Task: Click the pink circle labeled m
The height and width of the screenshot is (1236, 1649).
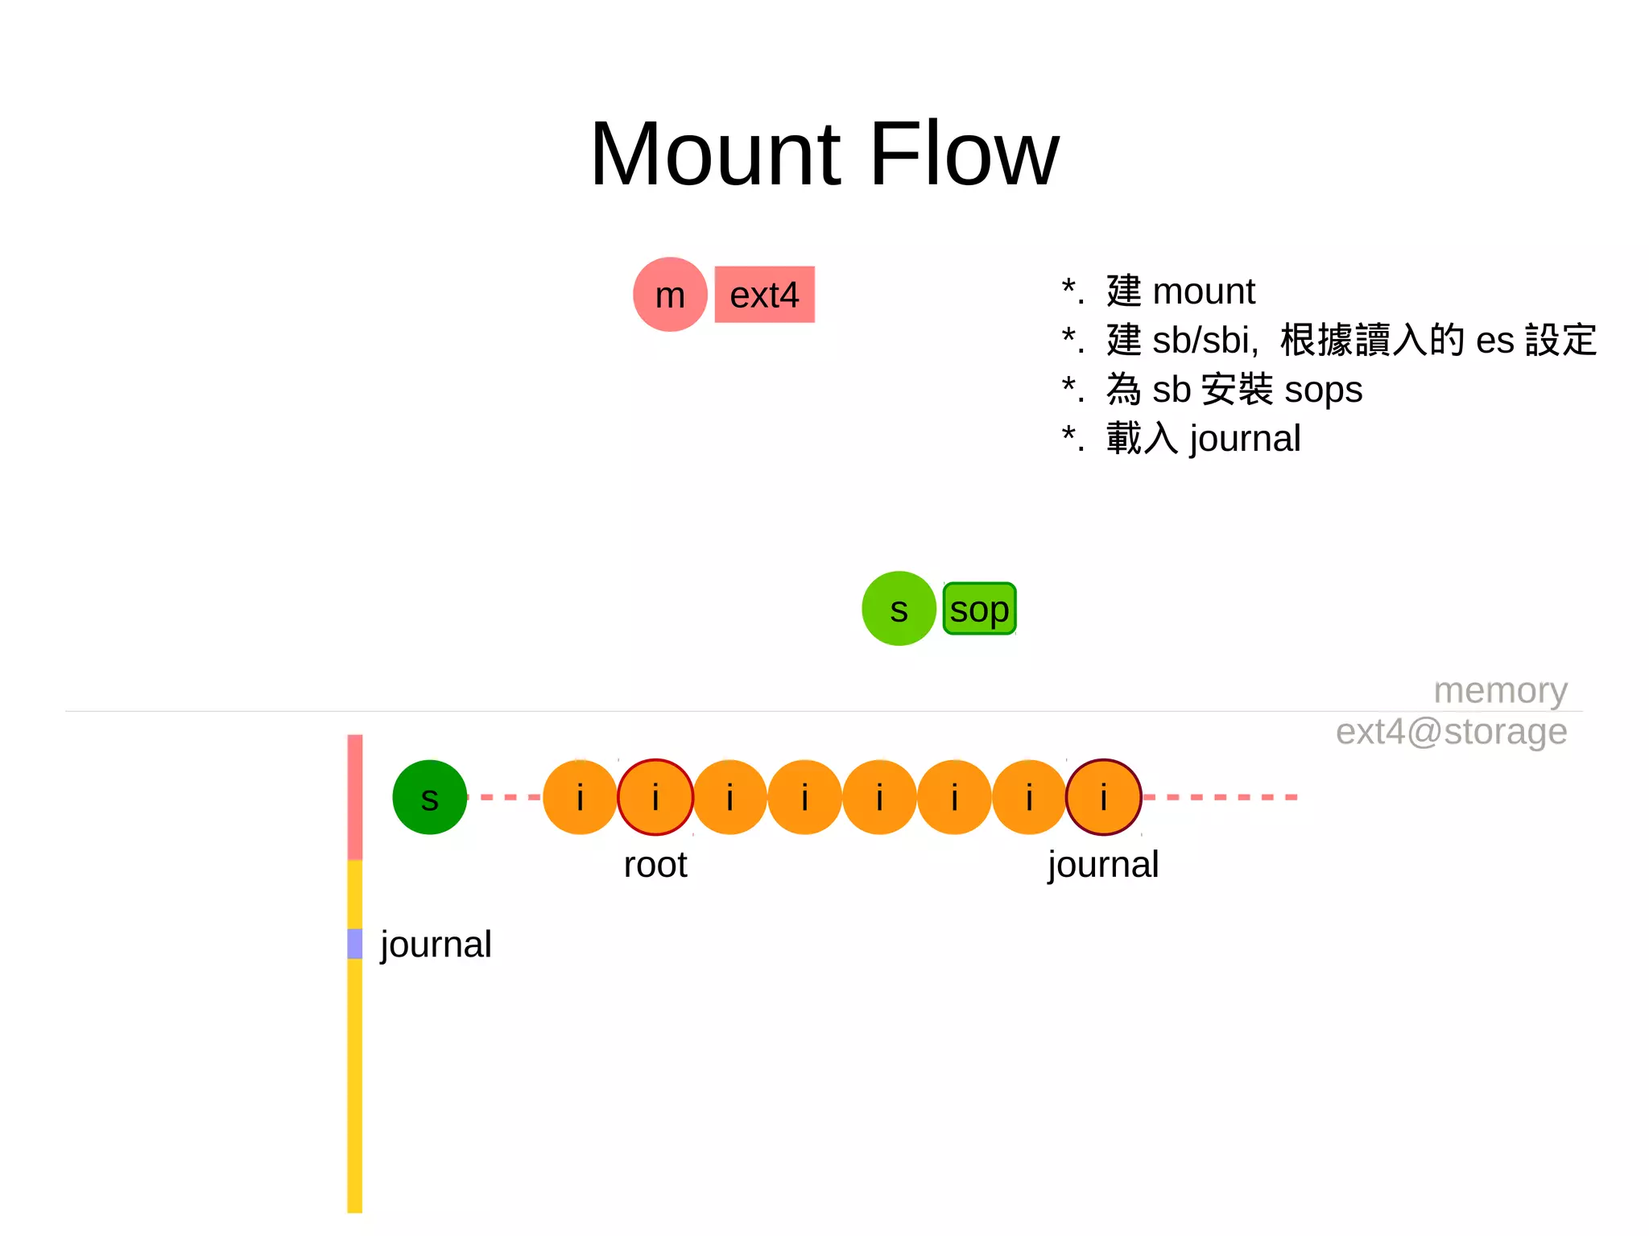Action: point(670,295)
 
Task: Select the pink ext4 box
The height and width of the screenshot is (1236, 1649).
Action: point(764,295)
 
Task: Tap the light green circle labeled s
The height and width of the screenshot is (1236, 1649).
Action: point(899,609)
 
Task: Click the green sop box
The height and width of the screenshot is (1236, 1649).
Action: point(979,609)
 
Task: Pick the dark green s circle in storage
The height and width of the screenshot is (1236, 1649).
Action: point(429,797)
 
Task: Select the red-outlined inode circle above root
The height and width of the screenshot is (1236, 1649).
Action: point(655,797)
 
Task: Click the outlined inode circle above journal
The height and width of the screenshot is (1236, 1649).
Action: point(1104,797)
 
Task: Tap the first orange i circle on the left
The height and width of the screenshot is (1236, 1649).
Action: point(580,797)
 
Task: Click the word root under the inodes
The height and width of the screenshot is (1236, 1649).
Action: point(655,865)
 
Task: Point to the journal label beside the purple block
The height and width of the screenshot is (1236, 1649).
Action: point(436,944)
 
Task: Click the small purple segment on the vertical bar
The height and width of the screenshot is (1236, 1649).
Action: point(355,944)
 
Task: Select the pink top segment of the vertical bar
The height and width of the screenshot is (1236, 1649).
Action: point(355,797)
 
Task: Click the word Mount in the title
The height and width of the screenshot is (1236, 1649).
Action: point(716,155)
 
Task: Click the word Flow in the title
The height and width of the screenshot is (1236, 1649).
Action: point(965,155)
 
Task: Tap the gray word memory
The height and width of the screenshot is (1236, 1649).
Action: point(1500,690)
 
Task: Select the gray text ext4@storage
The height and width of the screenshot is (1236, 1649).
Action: point(1451,731)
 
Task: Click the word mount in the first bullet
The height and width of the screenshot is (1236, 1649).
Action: point(1204,291)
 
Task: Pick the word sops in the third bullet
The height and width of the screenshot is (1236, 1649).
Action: point(1323,390)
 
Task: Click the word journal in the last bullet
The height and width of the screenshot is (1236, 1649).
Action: point(1245,439)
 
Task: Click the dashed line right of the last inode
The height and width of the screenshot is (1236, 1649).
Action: point(1220,797)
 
